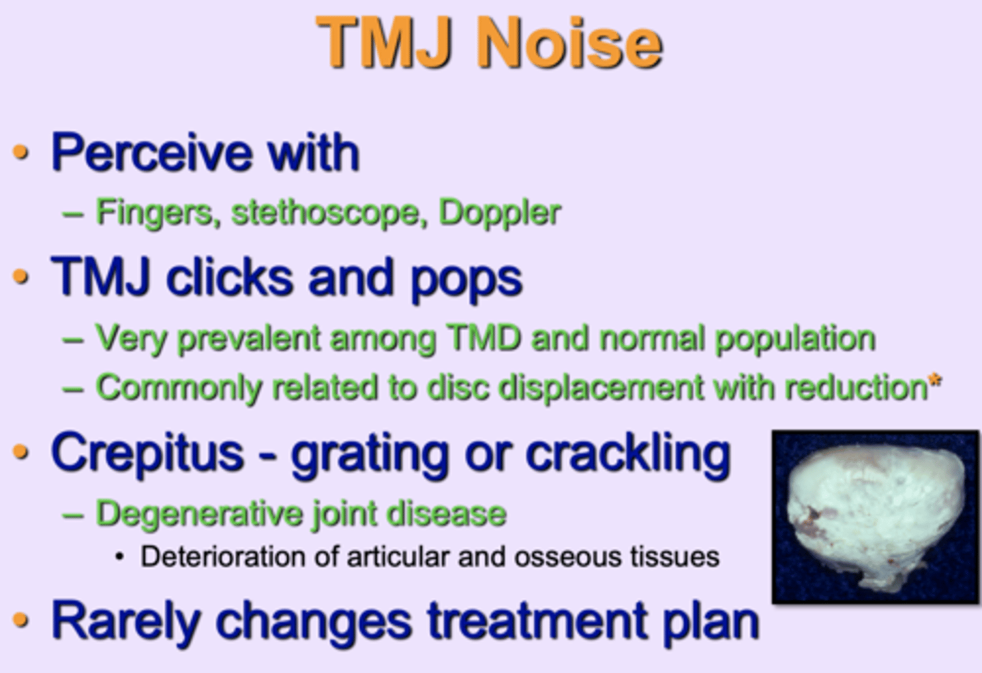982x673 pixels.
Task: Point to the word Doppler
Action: click(499, 213)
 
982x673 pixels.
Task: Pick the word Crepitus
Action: click(147, 454)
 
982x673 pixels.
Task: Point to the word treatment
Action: click(534, 622)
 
